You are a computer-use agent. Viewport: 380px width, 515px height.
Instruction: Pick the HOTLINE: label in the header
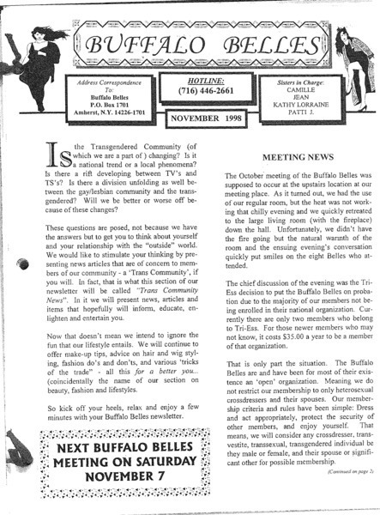tap(188, 76)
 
